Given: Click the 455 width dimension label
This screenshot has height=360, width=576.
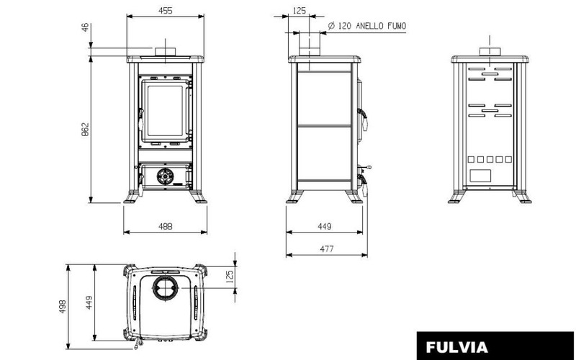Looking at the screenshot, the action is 166,11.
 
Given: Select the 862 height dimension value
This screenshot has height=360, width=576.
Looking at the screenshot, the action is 85,130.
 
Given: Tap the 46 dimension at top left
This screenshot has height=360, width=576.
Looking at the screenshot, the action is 85,27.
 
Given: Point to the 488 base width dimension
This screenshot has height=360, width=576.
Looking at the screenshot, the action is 166,226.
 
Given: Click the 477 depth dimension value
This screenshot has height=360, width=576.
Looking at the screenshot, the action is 327,249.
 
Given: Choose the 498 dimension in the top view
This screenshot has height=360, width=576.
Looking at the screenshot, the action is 63,307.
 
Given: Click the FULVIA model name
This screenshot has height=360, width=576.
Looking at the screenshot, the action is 456,347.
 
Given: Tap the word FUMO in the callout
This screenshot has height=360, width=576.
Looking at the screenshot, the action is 397,26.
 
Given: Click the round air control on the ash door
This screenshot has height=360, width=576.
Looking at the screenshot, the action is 166,176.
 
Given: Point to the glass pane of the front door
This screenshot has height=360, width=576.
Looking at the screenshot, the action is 165,111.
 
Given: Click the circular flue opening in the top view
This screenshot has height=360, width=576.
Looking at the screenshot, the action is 166,287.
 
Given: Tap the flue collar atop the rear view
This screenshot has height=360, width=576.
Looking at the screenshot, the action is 490,52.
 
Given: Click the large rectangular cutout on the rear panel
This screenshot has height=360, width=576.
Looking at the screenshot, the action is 480,176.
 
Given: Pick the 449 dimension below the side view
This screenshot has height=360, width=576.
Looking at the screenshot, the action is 325,226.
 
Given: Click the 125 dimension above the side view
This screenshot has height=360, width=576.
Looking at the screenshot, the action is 299,11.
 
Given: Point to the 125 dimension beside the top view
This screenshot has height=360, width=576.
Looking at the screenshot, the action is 230,276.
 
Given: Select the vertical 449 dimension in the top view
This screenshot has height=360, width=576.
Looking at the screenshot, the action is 89,302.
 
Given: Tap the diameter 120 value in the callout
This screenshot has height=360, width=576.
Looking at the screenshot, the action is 341,26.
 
